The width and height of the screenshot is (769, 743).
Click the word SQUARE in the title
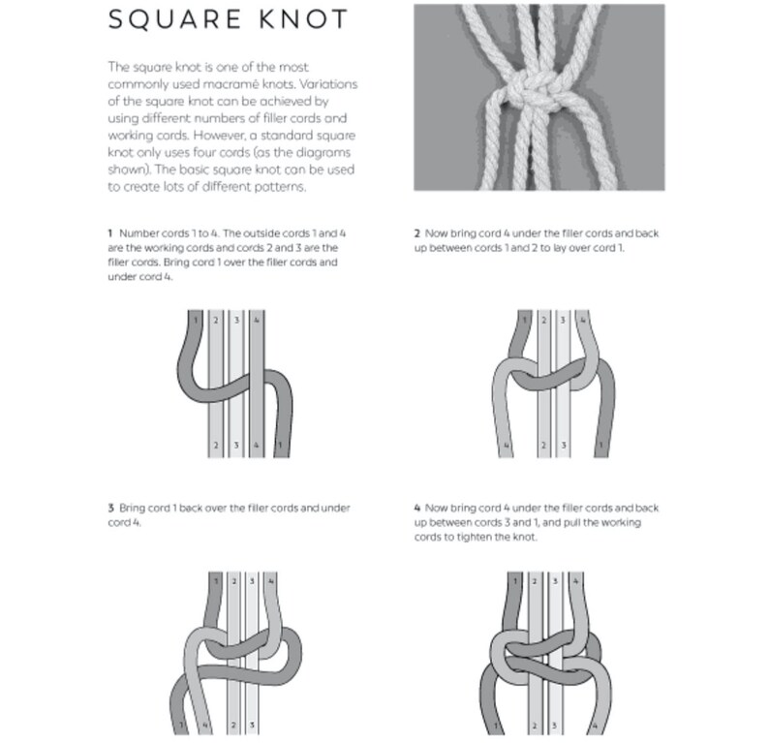click(175, 19)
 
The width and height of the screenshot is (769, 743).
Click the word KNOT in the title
click(303, 19)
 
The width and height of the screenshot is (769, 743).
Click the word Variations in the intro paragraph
click(328, 84)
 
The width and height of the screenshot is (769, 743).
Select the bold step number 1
click(110, 233)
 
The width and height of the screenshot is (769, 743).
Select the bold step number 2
click(416, 233)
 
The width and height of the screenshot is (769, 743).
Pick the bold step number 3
click(110, 508)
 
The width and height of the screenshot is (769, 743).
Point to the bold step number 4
click(416, 508)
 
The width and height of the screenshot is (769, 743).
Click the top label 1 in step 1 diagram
click(196, 321)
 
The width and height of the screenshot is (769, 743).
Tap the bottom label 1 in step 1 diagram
click(280, 446)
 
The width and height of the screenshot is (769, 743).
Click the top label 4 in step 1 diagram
click(257, 321)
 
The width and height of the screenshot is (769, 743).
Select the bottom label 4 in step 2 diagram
click(507, 446)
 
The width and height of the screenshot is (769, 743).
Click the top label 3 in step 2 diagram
click(563, 320)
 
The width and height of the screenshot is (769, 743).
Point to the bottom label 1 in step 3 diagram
click(181, 725)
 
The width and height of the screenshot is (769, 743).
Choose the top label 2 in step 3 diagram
click(234, 581)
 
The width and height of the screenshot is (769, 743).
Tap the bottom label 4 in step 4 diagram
click(595, 726)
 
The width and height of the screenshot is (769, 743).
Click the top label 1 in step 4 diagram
click(515, 581)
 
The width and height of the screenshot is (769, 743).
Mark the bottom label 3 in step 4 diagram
click(555, 726)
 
